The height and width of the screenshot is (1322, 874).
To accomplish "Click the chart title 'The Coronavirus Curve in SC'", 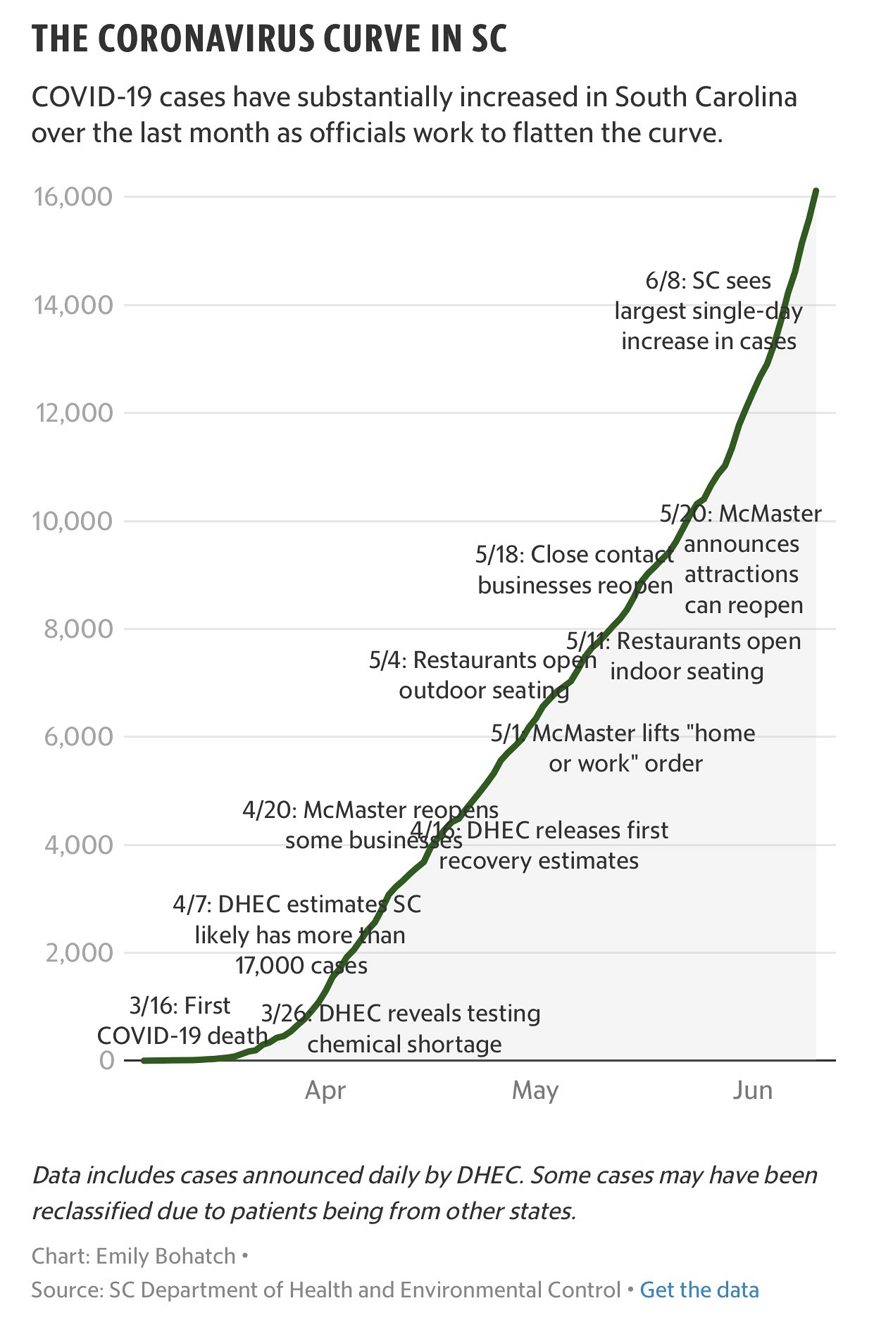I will pos(270,39).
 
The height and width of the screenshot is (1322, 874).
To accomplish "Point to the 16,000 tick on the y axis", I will pos(73,196).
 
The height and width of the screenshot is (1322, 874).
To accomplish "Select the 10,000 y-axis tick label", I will pos(73,521).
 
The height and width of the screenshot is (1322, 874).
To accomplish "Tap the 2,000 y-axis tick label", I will pos(78,952).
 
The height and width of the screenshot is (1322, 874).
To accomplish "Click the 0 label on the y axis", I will pos(106,1060).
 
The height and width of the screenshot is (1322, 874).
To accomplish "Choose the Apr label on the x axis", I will pos(325,1090).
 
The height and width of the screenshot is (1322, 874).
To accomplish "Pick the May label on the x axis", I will pos(535,1090).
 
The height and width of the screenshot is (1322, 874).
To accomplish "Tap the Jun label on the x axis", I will pos(752,1090).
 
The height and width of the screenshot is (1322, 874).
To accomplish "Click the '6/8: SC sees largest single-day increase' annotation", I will pos(708,310).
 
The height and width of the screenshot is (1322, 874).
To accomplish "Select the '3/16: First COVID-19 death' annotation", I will pos(182,1020).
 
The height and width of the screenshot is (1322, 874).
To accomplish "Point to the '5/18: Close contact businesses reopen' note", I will pos(575,569).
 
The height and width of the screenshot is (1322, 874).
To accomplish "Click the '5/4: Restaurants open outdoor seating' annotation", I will pos(483,675).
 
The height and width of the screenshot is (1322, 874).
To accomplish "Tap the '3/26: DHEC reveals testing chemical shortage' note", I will pos(401,1028).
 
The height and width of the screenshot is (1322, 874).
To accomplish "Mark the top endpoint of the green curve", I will pos(816,190).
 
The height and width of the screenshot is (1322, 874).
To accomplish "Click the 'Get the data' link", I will pos(699,1290).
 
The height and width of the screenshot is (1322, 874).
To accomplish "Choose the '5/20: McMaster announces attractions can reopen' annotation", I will pos(742,559).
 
